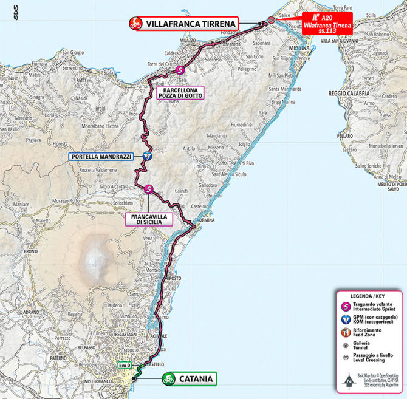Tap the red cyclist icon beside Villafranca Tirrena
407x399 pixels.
(x=134, y=24)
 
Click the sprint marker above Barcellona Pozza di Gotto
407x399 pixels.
(x=179, y=70)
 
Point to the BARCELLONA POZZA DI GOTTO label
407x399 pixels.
(x=180, y=92)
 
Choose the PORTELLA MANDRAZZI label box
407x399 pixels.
(x=101, y=157)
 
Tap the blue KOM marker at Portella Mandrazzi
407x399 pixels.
(x=147, y=157)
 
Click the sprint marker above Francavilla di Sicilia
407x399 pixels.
(x=149, y=189)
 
